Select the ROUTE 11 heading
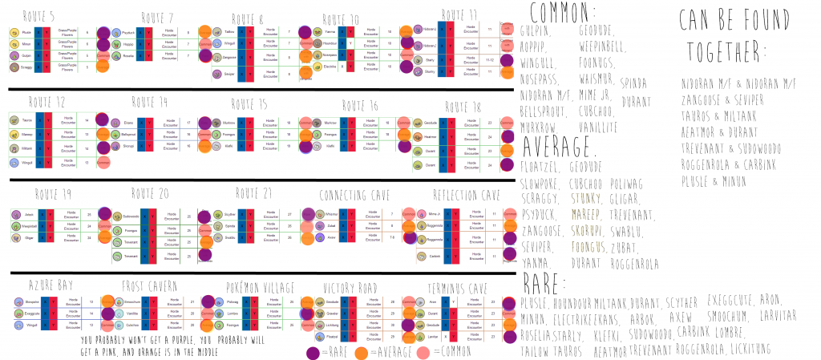point(460,14)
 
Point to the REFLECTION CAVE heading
point(463,195)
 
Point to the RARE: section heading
point(545,282)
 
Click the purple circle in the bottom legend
point(314,350)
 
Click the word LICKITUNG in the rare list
point(745,348)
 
